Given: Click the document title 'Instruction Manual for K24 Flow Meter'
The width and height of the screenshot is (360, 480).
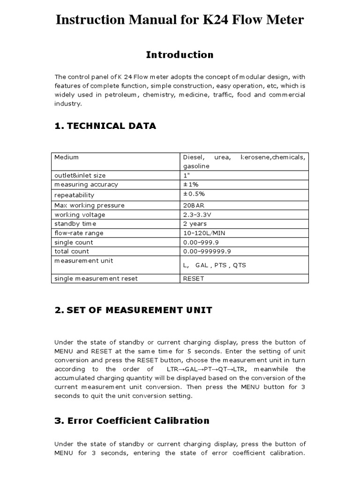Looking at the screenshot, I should (x=180, y=20).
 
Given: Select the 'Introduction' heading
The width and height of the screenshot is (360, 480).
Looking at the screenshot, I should (x=180, y=55).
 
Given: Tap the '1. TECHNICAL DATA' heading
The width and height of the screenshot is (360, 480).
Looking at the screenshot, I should (x=105, y=126).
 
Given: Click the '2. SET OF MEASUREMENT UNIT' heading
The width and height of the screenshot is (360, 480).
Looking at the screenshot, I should (x=133, y=310).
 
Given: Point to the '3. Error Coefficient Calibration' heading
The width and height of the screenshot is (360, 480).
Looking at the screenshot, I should (x=132, y=420).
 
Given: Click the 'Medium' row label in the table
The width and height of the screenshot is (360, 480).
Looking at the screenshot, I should (x=67, y=157).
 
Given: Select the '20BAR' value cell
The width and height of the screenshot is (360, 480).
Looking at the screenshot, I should (x=194, y=205).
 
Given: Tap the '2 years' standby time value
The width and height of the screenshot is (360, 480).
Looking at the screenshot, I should (x=195, y=224).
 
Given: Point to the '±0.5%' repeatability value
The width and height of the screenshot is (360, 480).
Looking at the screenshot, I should (x=194, y=195).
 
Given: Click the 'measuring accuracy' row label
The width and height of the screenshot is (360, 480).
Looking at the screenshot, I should (x=86, y=185).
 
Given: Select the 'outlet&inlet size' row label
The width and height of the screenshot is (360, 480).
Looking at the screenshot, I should (x=80, y=175).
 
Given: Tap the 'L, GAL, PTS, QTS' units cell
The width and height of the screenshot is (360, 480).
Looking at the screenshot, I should (x=214, y=265).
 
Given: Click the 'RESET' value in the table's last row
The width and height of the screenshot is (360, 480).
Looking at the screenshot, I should (x=194, y=278).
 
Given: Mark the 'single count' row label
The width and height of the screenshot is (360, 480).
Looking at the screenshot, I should (x=74, y=242).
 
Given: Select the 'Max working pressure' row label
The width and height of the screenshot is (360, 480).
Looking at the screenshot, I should (x=90, y=205).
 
